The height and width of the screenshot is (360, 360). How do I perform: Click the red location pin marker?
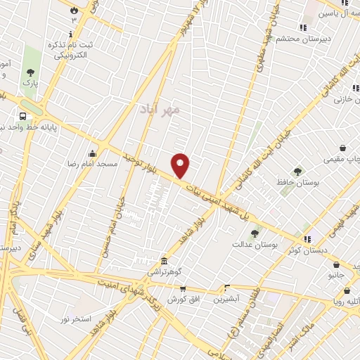181,165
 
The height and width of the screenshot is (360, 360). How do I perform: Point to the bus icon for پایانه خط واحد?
23,117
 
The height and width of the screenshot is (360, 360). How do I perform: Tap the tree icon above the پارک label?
30,72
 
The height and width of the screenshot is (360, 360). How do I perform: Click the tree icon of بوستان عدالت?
255,233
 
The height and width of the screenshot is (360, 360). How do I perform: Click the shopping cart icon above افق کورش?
183,288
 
